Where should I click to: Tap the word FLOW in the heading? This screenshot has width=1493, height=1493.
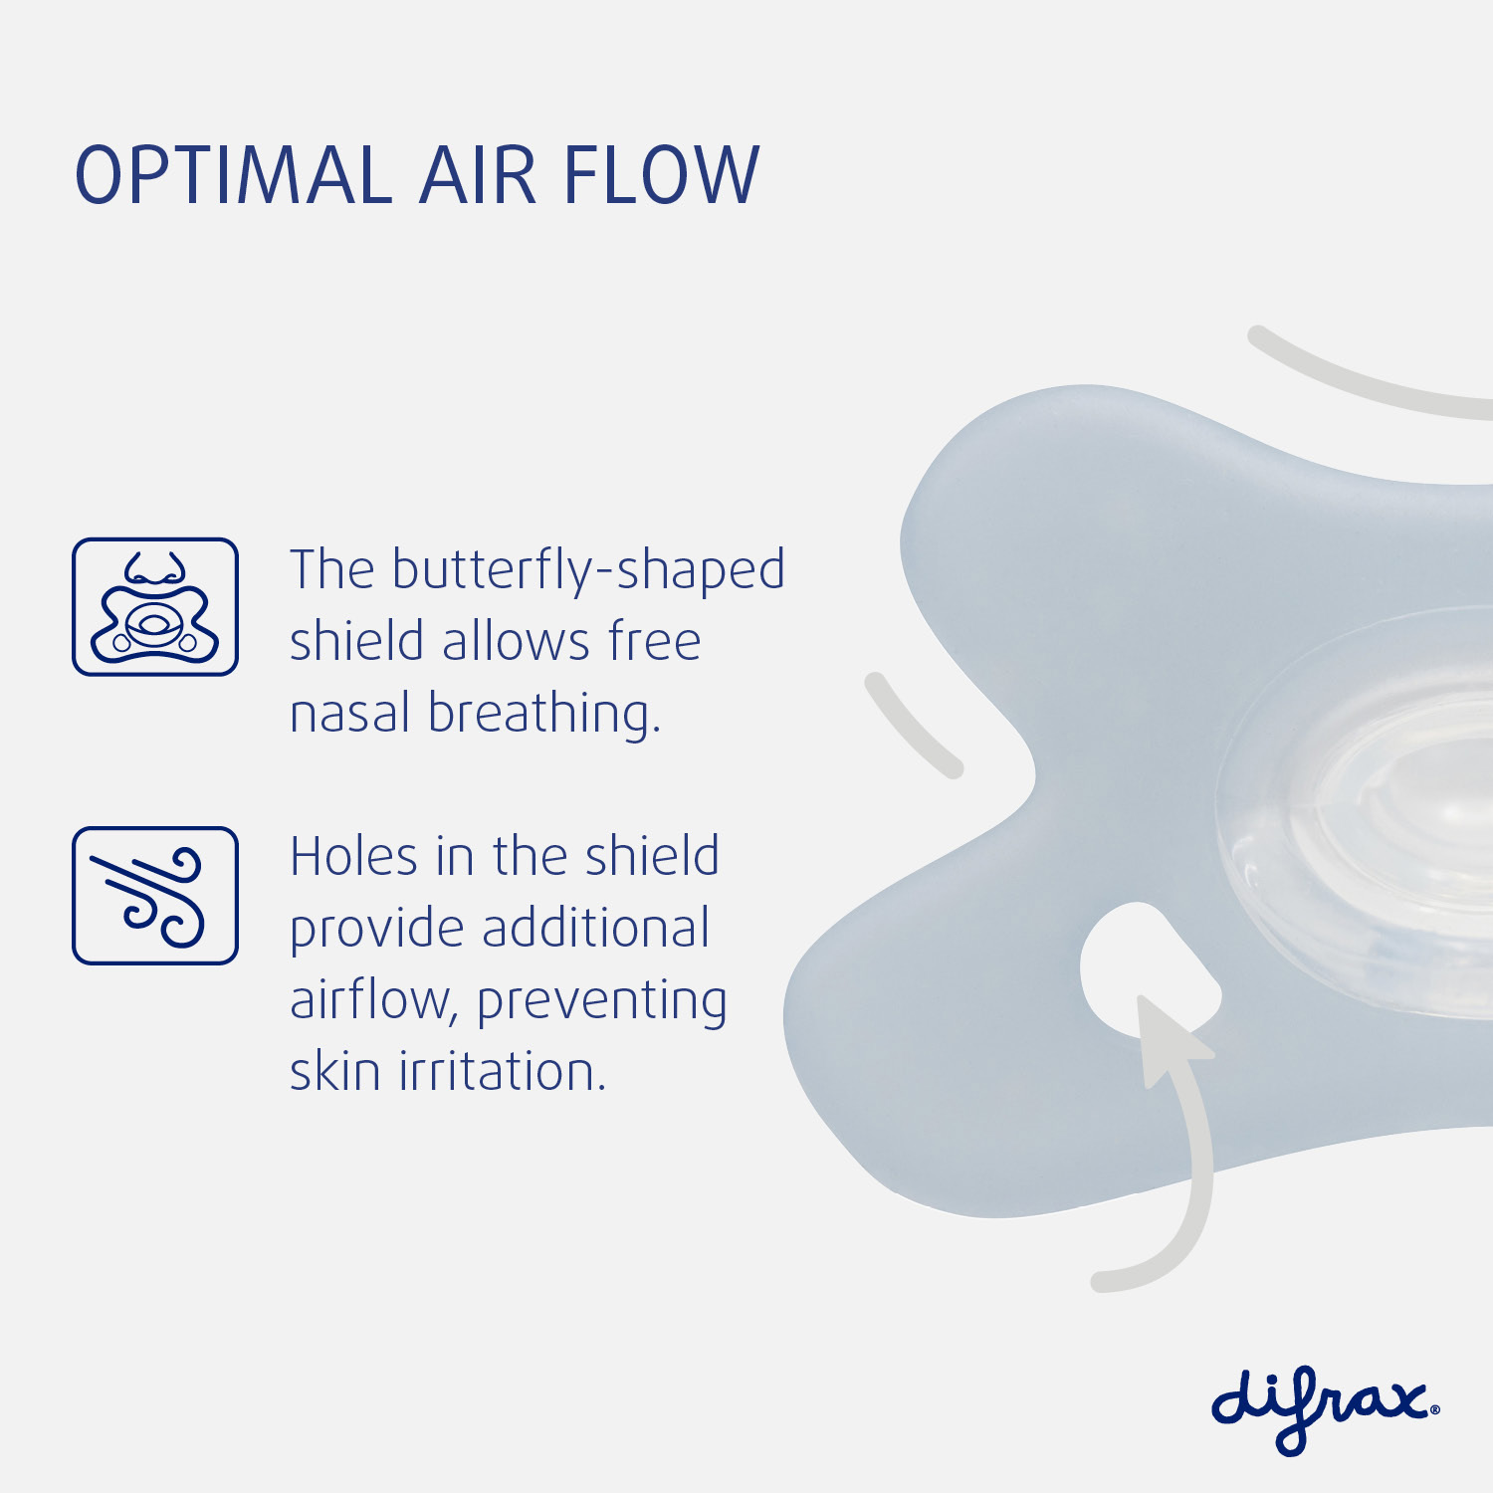coord(661,175)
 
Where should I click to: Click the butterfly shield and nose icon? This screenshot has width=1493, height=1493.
coord(155,607)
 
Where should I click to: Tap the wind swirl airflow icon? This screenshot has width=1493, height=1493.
coord(155,896)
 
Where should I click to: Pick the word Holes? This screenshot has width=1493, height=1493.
coord(353,857)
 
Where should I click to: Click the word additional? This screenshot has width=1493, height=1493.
coord(595,928)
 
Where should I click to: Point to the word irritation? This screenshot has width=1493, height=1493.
coord(503,1072)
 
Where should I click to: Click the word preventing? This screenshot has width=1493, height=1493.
coord(602,1003)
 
